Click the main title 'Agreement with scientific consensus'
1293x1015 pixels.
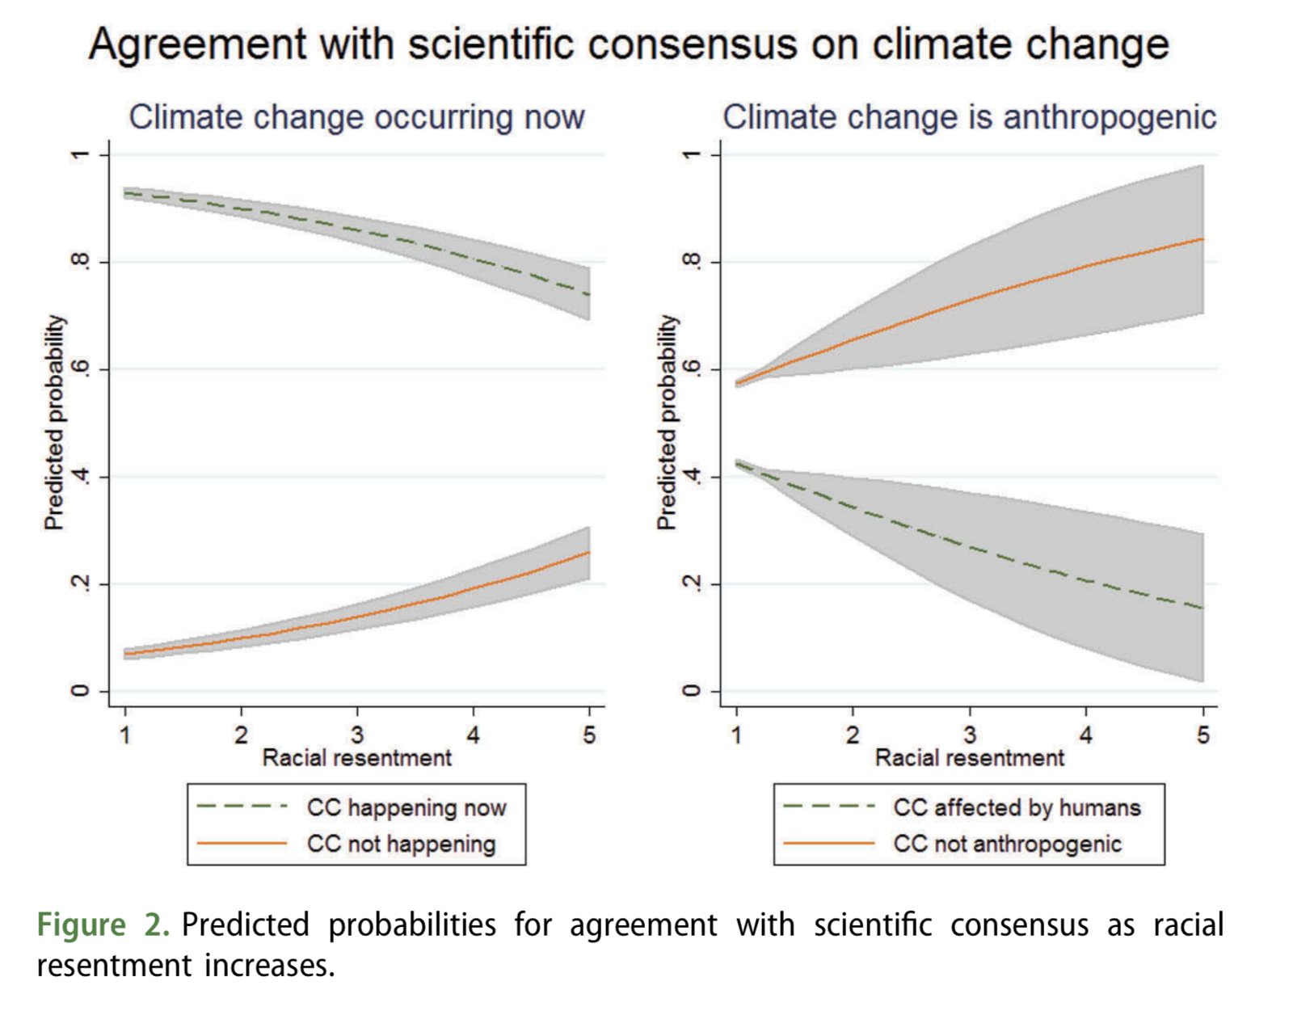pos(629,44)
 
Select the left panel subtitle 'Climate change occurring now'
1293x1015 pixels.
pos(356,117)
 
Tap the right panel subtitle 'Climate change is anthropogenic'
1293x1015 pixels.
pos(969,117)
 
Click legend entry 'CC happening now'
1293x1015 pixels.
pos(406,807)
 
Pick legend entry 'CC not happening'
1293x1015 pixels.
pos(401,844)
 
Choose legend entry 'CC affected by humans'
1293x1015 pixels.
pos(1017,807)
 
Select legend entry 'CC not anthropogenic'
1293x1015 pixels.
pos(1007,844)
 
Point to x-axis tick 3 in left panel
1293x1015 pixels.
pos(357,735)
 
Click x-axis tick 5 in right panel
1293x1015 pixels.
pos(1202,735)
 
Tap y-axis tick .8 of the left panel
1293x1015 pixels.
pos(79,262)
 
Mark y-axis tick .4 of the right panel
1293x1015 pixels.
pos(692,477)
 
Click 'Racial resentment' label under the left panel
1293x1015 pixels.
pos(356,758)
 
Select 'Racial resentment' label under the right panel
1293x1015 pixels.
pos(969,758)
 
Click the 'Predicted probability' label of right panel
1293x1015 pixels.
pos(666,422)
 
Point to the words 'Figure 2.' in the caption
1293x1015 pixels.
pos(103,924)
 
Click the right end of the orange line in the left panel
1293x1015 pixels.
pos(588,553)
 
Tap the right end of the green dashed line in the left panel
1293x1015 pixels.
pos(588,294)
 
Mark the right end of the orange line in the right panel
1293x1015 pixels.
pos(1202,239)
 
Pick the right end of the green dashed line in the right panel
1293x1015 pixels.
pos(1202,608)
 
